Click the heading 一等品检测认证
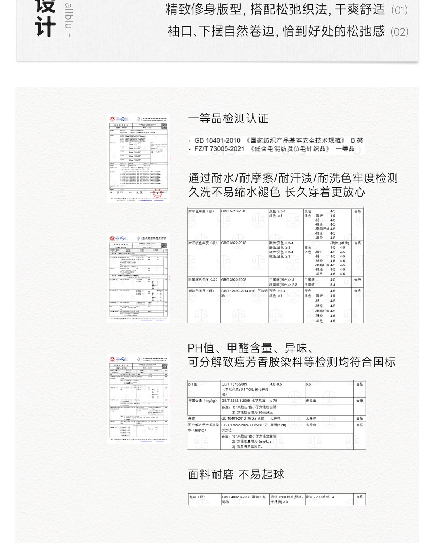point(228,118)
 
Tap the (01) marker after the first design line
point(399,10)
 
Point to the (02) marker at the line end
point(399,32)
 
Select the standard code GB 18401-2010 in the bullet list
point(217,140)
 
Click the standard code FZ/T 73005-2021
point(219,149)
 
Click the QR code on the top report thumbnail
point(165,126)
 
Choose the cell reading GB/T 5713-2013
point(234,211)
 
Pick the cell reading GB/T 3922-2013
point(234,243)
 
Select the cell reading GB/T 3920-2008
point(234,280)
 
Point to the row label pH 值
point(193,384)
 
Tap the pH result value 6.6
point(308,384)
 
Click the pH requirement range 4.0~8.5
point(276,384)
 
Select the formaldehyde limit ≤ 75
point(273,401)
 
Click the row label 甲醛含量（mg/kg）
point(203,401)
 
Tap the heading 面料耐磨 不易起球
point(236,474)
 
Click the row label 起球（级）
point(197,497)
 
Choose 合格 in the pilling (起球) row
point(359,497)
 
